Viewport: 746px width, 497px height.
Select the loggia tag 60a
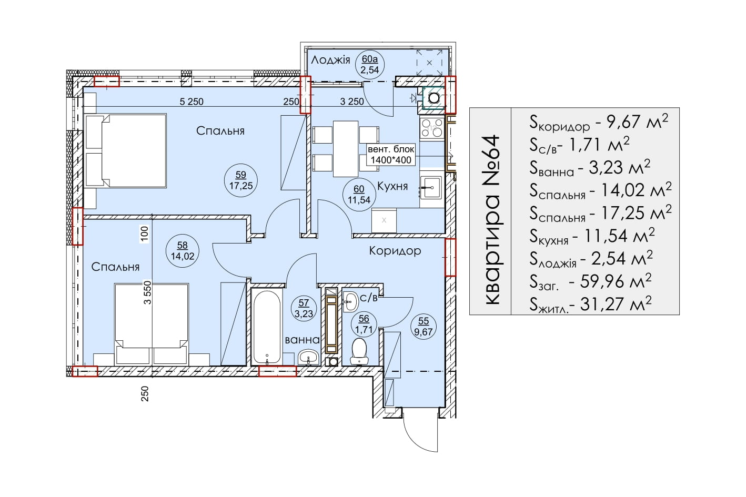pyautogui.click(x=370, y=64)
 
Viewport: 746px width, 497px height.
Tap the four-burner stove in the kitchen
pyautogui.click(x=432, y=129)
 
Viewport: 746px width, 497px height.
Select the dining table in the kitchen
pyautogui.click(x=346, y=148)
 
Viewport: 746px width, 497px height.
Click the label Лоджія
pyautogui.click(x=330, y=60)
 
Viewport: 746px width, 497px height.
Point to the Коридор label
pyautogui.click(x=395, y=251)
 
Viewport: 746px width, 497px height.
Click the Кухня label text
pyautogui.click(x=392, y=186)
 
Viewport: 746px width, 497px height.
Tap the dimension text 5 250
pyautogui.click(x=191, y=102)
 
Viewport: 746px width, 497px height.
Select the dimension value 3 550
pyautogui.click(x=147, y=292)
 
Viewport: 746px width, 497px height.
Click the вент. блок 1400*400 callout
pyautogui.click(x=391, y=155)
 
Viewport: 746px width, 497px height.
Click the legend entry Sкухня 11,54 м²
pyautogui.click(x=592, y=236)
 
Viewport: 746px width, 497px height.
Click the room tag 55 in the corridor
pyautogui.click(x=424, y=327)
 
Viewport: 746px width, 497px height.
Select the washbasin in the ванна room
pyautogui.click(x=308, y=357)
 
